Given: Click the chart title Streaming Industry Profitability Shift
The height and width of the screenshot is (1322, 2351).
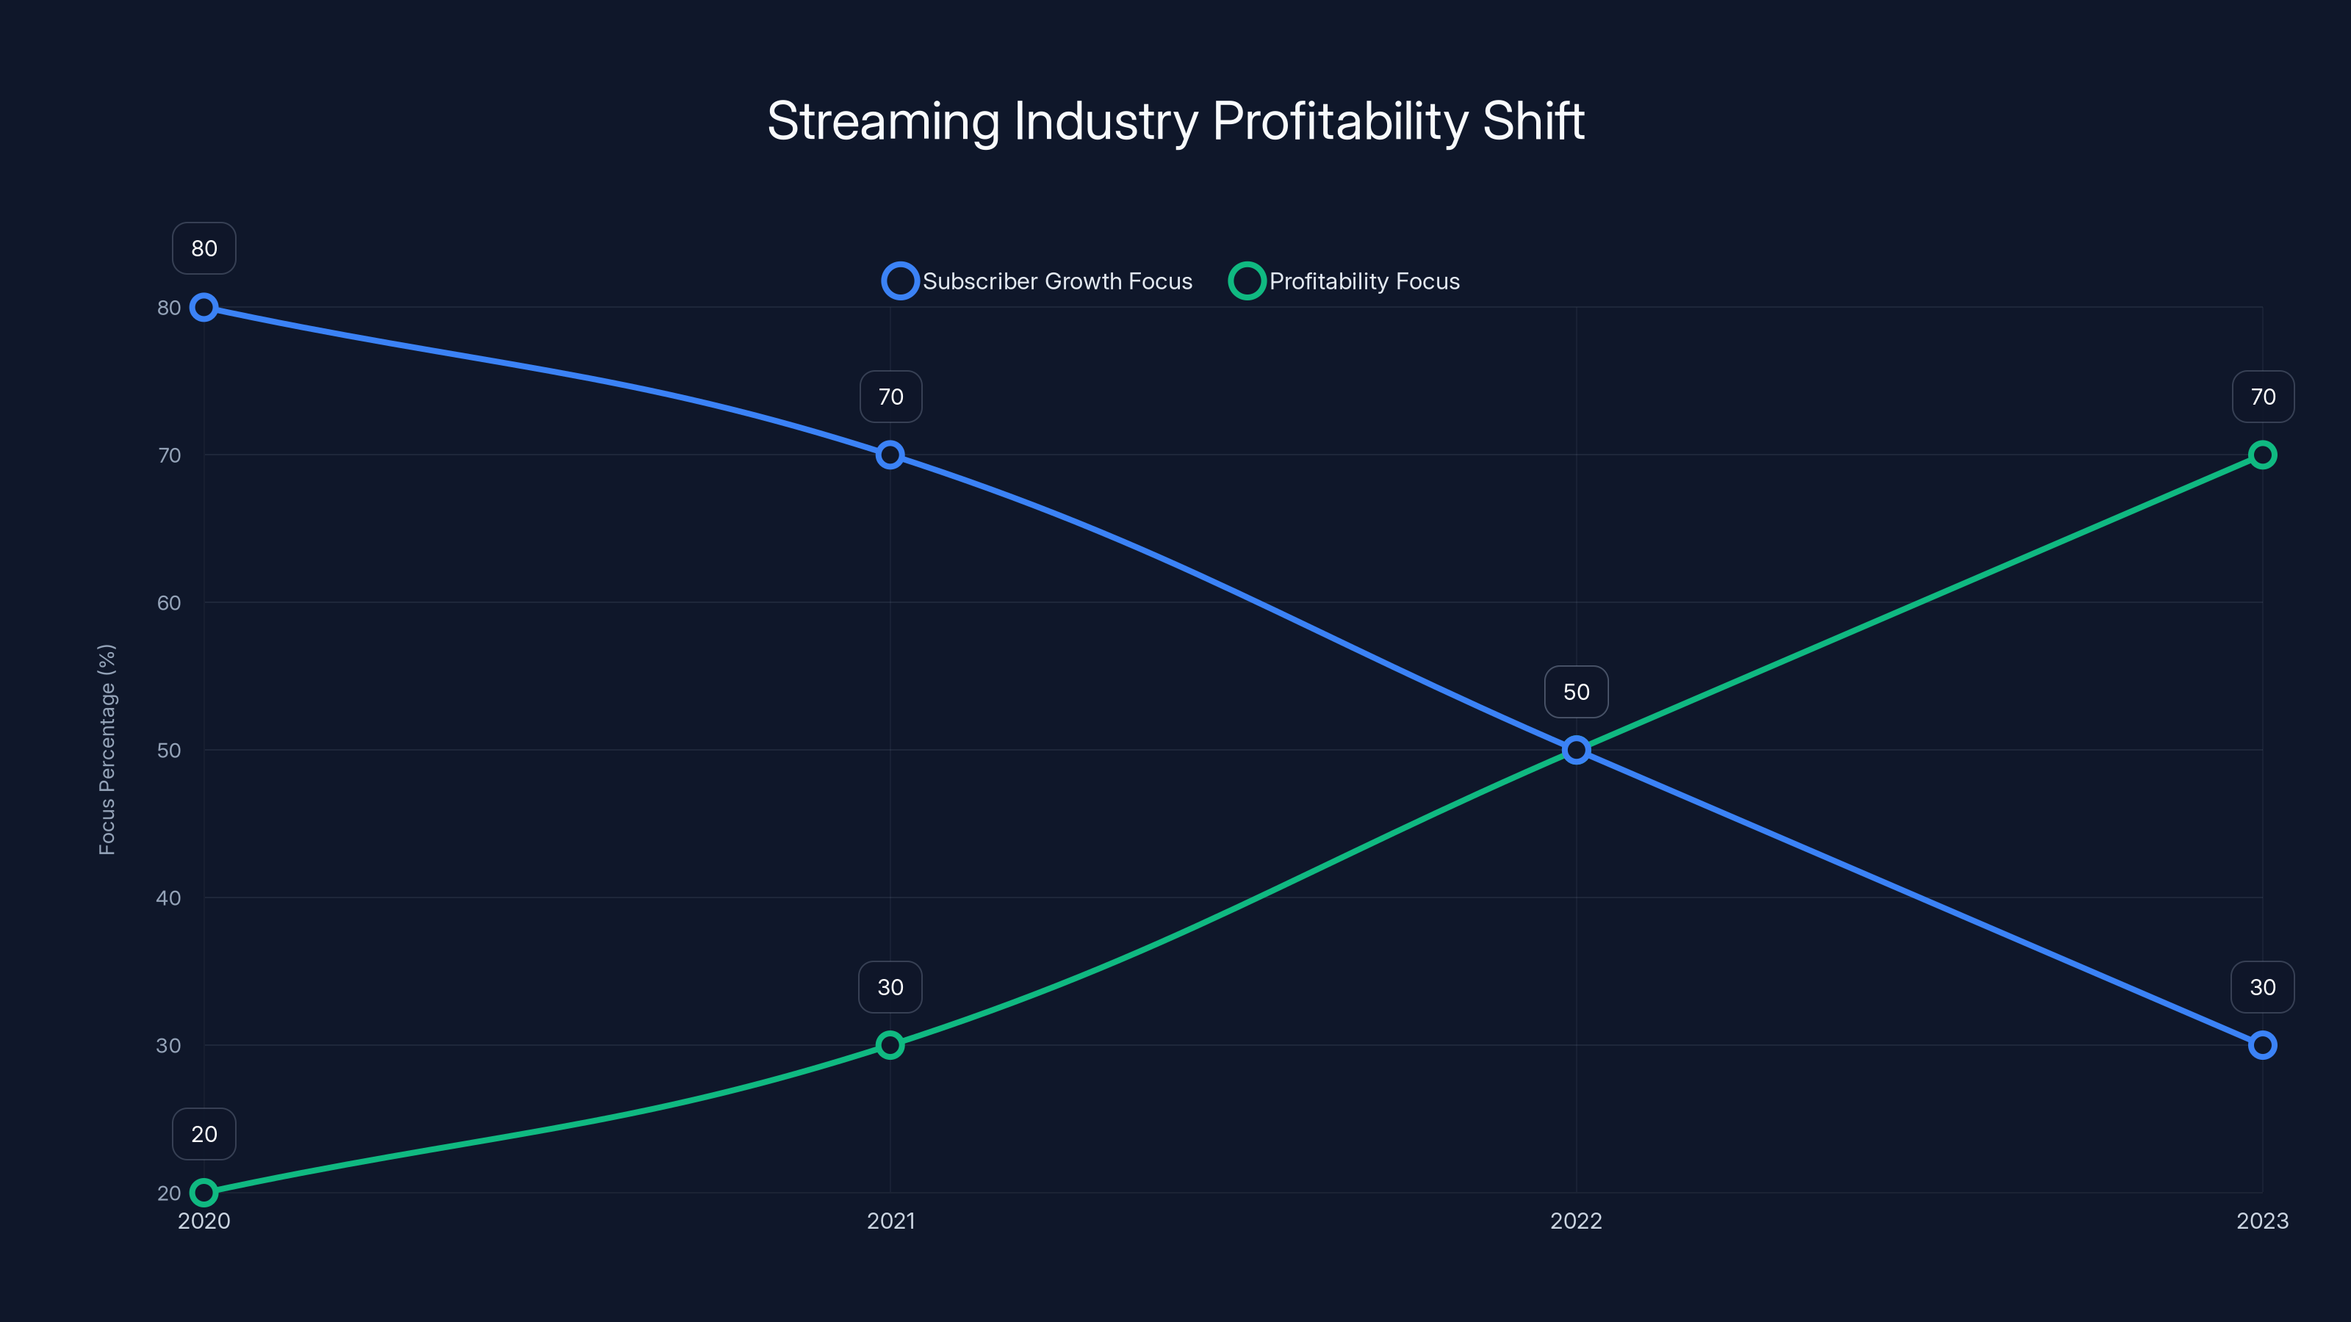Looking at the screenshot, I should point(1175,121).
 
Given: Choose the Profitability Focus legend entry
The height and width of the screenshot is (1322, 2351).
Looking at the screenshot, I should point(1345,281).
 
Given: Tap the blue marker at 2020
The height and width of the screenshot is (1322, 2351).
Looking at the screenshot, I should point(204,308).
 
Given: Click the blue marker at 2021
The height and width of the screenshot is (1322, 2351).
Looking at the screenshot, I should point(890,455).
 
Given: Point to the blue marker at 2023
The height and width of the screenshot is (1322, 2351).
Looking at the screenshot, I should point(2261,1044).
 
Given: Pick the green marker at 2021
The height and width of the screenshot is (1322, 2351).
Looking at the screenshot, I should point(890,1044).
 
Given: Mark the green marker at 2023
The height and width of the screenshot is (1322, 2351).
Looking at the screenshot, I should point(2261,455).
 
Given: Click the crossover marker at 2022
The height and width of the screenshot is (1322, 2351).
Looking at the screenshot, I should point(1576,750).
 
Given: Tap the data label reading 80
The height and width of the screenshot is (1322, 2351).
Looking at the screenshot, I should point(204,248).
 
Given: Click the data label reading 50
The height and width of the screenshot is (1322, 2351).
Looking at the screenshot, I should point(1576,692).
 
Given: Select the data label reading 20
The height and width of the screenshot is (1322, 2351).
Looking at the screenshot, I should point(204,1134).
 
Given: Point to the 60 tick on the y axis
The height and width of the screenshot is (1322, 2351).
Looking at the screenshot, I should point(169,603).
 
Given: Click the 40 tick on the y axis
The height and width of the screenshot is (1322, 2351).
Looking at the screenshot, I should point(169,897).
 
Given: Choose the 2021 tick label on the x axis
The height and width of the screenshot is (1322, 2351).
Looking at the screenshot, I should point(890,1221).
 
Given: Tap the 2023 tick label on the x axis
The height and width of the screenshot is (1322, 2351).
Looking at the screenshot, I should point(2261,1221).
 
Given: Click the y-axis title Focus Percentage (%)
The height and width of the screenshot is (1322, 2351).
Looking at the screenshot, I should point(107,749).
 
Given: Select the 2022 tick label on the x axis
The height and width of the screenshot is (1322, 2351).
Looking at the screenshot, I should point(1576,1221).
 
